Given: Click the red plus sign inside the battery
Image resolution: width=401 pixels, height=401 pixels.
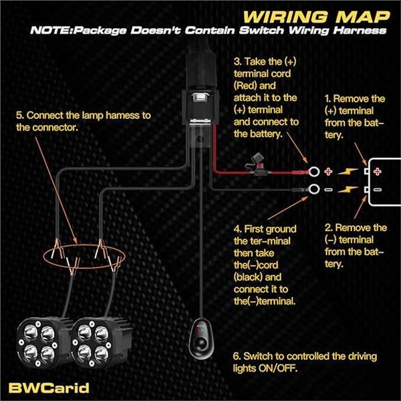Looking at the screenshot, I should point(378,171).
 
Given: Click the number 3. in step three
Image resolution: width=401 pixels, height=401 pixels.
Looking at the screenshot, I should point(238,62).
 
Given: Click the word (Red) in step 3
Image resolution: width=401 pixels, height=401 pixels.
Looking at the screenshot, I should point(247,86).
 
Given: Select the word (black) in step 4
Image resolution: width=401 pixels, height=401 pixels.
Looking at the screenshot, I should point(251,277).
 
